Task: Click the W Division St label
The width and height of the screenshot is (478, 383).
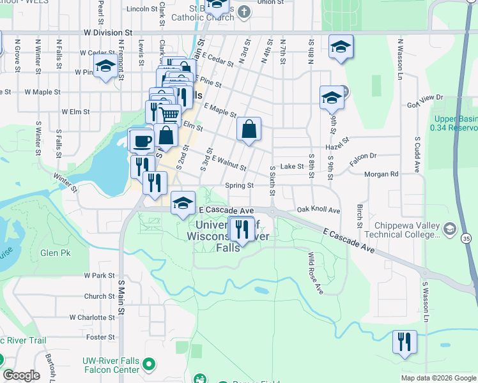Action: coord(107,31)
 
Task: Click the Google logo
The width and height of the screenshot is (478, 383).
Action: coord(21,375)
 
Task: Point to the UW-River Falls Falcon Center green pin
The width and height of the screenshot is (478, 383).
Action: coord(149,364)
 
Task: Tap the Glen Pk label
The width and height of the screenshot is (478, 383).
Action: coord(55,253)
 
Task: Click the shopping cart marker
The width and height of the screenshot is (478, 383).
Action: coord(169,115)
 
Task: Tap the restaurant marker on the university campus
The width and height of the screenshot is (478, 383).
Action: coord(241,229)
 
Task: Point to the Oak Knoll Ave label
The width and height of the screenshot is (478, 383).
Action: coord(318,210)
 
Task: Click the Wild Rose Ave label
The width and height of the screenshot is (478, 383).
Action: coord(315,273)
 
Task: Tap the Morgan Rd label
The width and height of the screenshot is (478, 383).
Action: coord(381,174)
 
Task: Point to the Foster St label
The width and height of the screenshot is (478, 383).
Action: coord(100,337)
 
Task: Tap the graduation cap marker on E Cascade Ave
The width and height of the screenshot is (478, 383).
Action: coord(183,202)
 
